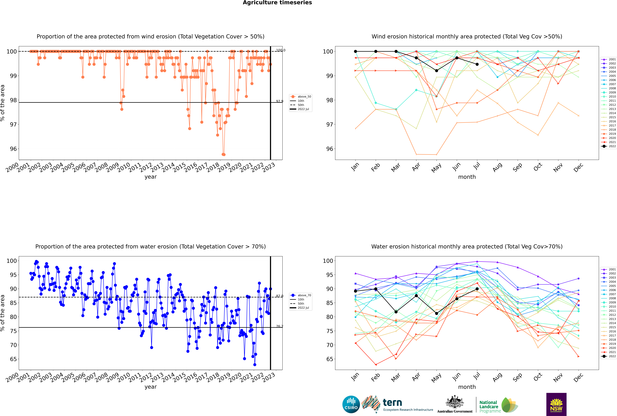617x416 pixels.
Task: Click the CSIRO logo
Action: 351,404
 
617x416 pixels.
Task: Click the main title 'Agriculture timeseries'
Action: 277,3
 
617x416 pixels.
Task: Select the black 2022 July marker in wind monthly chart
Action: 477,64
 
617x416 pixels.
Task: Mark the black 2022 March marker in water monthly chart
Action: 396,312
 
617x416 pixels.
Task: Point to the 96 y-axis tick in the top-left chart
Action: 13,149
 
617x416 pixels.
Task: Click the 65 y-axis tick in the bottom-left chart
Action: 13,359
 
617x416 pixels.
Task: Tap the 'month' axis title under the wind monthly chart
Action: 467,177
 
